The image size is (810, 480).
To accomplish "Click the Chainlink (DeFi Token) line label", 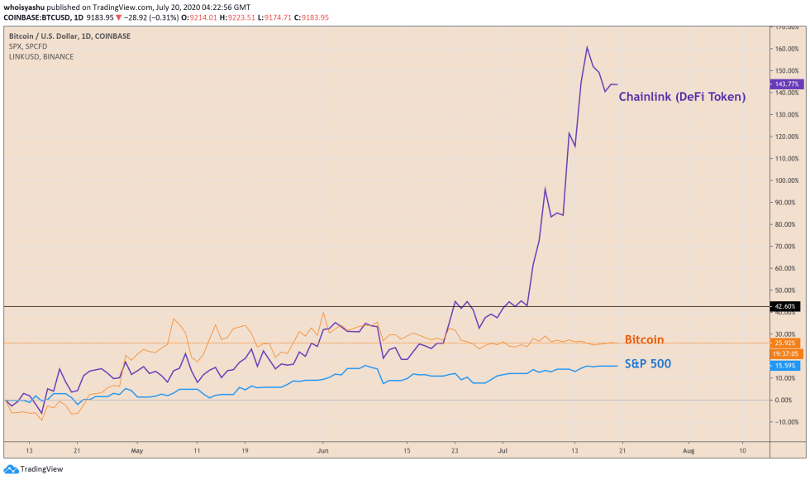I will [682, 97].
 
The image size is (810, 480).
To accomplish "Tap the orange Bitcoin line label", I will [644, 340].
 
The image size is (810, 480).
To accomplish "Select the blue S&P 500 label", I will [647, 363].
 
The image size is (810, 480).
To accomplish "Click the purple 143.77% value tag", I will [785, 84].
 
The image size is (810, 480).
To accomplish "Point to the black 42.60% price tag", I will [785, 306].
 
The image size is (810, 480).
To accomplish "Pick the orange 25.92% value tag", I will [785, 343].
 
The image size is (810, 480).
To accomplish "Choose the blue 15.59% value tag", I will [785, 366].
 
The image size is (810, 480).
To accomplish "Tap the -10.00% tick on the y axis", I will [785, 422].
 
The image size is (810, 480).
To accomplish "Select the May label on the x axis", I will [137, 451].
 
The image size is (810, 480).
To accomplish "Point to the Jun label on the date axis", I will [323, 451].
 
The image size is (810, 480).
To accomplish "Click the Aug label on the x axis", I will [688, 451].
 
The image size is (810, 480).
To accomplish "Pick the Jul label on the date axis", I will [503, 451].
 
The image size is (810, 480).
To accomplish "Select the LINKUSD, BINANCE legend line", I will [41, 56].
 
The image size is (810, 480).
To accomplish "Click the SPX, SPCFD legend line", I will [29, 46].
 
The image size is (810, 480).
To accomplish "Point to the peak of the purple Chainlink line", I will [587, 46].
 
